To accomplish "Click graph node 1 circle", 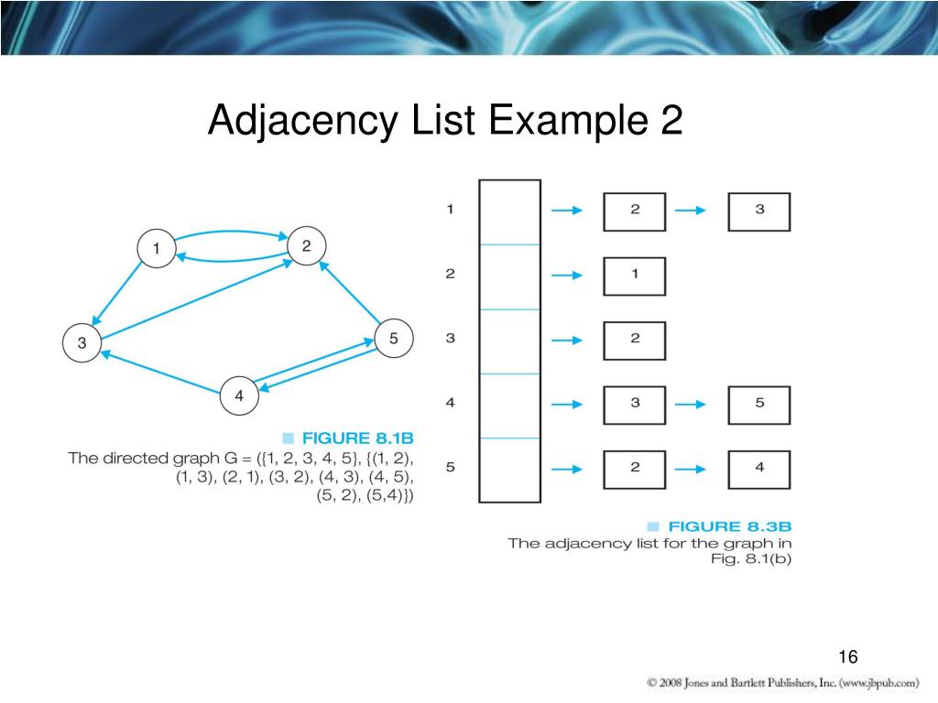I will [157, 248].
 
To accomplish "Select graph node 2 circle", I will [306, 245].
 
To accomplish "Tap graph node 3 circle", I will [82, 343].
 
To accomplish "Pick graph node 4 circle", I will [239, 396].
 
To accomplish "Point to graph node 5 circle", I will [394, 339].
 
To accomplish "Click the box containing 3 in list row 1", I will [758, 211].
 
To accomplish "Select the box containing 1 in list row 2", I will [635, 276].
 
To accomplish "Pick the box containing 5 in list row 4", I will [758, 404].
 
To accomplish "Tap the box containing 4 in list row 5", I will [758, 468].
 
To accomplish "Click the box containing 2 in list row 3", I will [635, 340].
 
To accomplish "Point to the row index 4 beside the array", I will [450, 403].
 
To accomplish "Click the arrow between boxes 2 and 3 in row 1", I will [690, 211].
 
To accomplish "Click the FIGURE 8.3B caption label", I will [729, 526].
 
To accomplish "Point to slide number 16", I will [846, 657].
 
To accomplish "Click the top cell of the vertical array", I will [509, 212].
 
